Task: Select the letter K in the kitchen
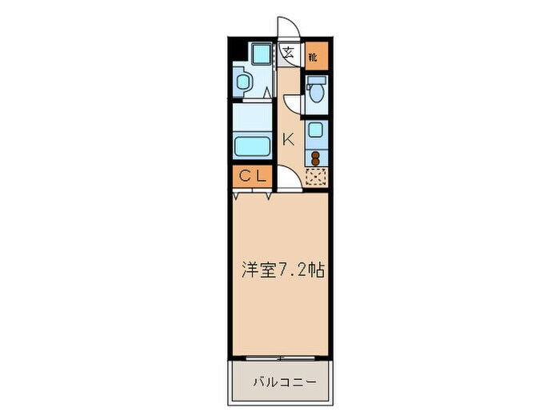coord(288,138)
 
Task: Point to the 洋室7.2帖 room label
coord(282,270)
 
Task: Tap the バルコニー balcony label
coord(281,382)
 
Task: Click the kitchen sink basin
coord(316,130)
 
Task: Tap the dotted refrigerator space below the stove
coord(316,177)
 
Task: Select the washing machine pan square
coord(260,54)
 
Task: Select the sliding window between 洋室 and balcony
coord(281,356)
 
